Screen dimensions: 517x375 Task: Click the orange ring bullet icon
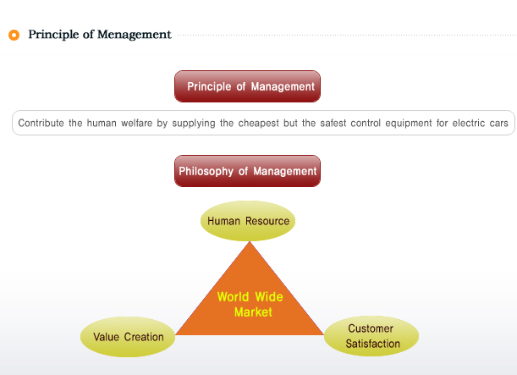click(14, 35)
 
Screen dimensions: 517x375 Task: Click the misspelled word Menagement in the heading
click(135, 35)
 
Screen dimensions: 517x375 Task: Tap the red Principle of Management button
click(247, 86)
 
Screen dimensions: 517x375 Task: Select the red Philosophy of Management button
click(247, 171)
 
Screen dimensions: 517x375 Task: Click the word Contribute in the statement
click(41, 123)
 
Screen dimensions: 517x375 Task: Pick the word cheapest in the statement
click(259, 124)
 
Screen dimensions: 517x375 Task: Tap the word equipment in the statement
click(409, 124)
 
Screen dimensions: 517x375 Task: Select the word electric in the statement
click(469, 123)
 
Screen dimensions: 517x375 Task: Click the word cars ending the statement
click(499, 124)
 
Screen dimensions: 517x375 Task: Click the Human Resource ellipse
click(248, 221)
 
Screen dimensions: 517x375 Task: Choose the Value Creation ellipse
click(128, 337)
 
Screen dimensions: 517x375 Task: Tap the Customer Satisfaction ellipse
click(371, 336)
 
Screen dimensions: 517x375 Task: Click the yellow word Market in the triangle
click(253, 312)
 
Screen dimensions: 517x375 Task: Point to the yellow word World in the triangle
click(233, 297)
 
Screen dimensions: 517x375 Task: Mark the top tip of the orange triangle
click(250, 241)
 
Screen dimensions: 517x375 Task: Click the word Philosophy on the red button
click(206, 172)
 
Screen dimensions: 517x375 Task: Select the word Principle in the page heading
click(53, 35)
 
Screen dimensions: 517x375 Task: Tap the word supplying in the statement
click(194, 124)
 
